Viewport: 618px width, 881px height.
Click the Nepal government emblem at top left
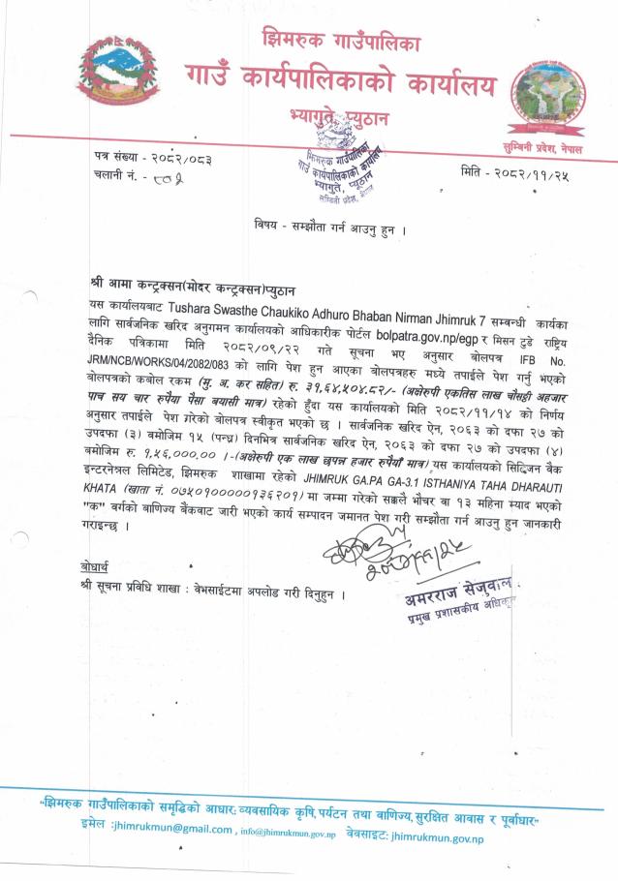[119, 80]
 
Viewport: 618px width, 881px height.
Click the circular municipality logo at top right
[549, 95]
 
